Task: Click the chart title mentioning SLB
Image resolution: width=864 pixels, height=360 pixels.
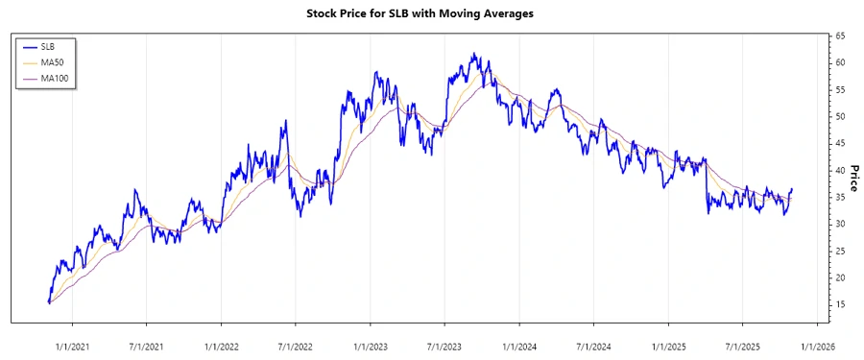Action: (x=432, y=14)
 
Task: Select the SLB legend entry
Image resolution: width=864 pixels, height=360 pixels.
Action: (x=48, y=46)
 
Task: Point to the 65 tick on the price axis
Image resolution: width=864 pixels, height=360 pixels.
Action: (x=840, y=36)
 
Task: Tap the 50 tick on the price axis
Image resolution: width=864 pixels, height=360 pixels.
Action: (x=840, y=116)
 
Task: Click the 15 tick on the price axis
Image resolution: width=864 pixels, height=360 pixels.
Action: (x=840, y=304)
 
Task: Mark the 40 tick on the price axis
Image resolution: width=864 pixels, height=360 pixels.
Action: (x=840, y=170)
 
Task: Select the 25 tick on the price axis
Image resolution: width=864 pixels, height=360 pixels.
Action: (x=840, y=251)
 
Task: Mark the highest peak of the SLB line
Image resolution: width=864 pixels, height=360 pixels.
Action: (x=474, y=54)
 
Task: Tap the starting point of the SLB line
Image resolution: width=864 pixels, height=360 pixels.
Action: (x=49, y=302)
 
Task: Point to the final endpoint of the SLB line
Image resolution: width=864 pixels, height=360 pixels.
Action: (x=792, y=189)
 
